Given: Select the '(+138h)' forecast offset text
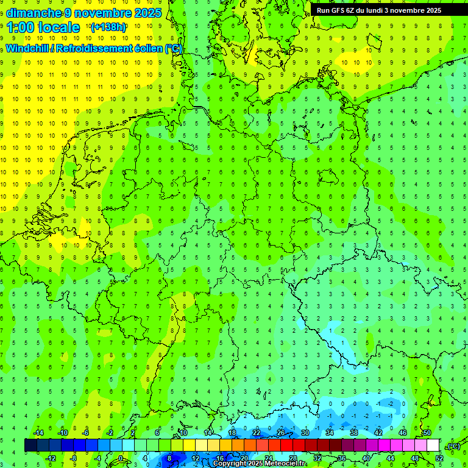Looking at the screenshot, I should [108, 27].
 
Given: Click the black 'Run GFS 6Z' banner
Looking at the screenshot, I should [383, 10].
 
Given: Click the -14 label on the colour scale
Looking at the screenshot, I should [38, 433].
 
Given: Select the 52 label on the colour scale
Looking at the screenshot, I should [439, 458].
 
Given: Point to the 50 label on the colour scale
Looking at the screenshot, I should [427, 433].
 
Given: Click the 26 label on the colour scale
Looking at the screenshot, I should [281, 433].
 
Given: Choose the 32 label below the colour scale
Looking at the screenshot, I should [317, 458].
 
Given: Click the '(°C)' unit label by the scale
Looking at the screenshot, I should [453, 446].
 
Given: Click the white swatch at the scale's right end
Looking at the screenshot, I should [433, 445].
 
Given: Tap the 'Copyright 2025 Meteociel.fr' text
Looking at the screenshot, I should [259, 464].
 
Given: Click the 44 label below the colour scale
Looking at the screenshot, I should [391, 458].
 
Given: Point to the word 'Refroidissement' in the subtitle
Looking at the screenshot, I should [96, 48].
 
